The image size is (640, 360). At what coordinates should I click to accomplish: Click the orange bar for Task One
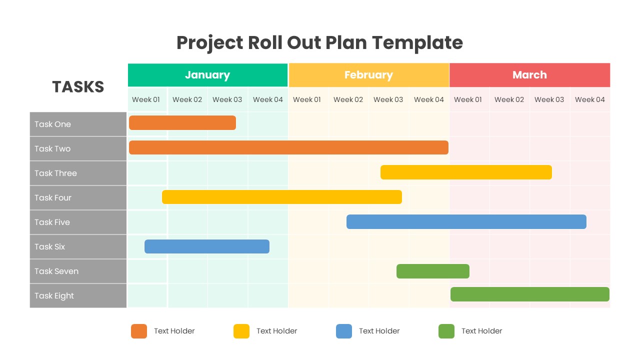182,123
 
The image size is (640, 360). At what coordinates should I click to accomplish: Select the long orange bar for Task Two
288,147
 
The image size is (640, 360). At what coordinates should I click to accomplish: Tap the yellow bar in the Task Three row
466,172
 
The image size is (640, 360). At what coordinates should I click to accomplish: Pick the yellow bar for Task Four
282,197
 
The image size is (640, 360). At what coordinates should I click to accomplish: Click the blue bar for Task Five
466,221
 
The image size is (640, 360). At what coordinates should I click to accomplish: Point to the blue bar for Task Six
207,246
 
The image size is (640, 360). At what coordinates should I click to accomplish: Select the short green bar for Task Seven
433,271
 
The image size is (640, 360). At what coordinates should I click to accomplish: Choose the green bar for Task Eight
530,294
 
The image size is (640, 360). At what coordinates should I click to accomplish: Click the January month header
207,75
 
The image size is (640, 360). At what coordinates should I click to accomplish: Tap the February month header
368,75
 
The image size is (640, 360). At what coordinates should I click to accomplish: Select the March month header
529,75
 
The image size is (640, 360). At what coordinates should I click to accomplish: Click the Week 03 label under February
388,99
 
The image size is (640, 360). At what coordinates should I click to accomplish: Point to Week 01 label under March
468,99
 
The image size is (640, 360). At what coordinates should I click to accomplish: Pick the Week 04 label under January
268,99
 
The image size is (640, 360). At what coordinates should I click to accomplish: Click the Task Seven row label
56,271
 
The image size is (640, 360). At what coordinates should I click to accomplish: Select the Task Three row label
55,173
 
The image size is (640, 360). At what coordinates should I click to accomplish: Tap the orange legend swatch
139,331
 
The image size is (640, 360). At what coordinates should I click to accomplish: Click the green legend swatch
446,331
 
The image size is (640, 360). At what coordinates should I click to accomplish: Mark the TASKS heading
78,87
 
